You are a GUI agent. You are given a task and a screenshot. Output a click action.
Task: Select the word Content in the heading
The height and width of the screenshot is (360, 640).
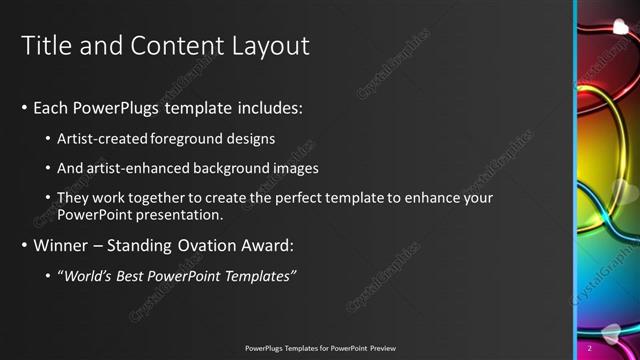coord(172,46)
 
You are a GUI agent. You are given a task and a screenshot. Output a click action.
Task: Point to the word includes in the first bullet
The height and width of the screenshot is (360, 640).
coord(267,107)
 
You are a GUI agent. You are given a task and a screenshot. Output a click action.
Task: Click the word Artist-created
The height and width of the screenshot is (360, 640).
coord(102,138)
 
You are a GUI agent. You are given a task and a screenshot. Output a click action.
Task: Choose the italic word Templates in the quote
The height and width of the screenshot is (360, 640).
coord(262,276)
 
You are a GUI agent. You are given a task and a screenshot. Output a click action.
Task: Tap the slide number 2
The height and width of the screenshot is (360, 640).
coord(590,347)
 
